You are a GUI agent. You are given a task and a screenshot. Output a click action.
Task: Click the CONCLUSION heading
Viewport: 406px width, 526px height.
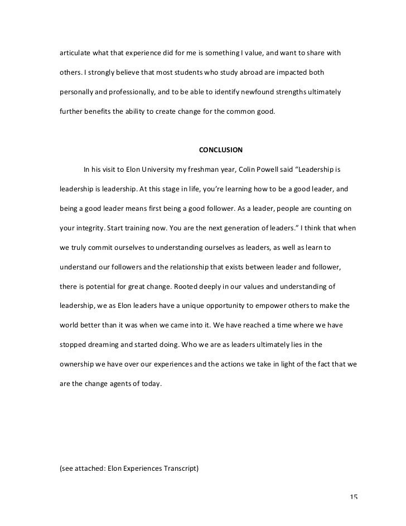click(x=221, y=150)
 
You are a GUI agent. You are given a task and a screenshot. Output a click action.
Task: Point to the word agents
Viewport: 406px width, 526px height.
click(x=125, y=384)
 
